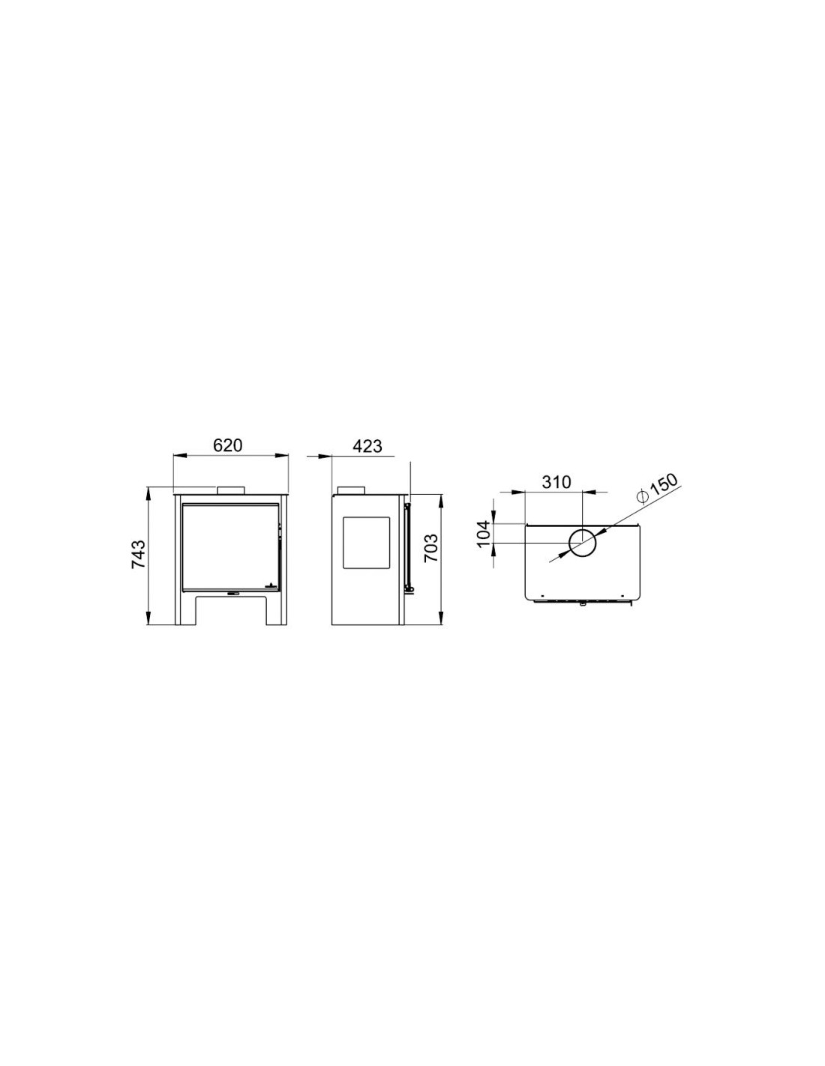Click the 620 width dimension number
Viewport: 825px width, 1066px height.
(228, 445)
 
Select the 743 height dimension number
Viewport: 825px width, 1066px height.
(139, 555)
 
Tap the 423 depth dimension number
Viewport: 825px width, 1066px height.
(367, 446)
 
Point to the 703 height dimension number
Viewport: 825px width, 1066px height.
(430, 549)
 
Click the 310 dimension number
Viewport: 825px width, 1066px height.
(556, 482)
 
